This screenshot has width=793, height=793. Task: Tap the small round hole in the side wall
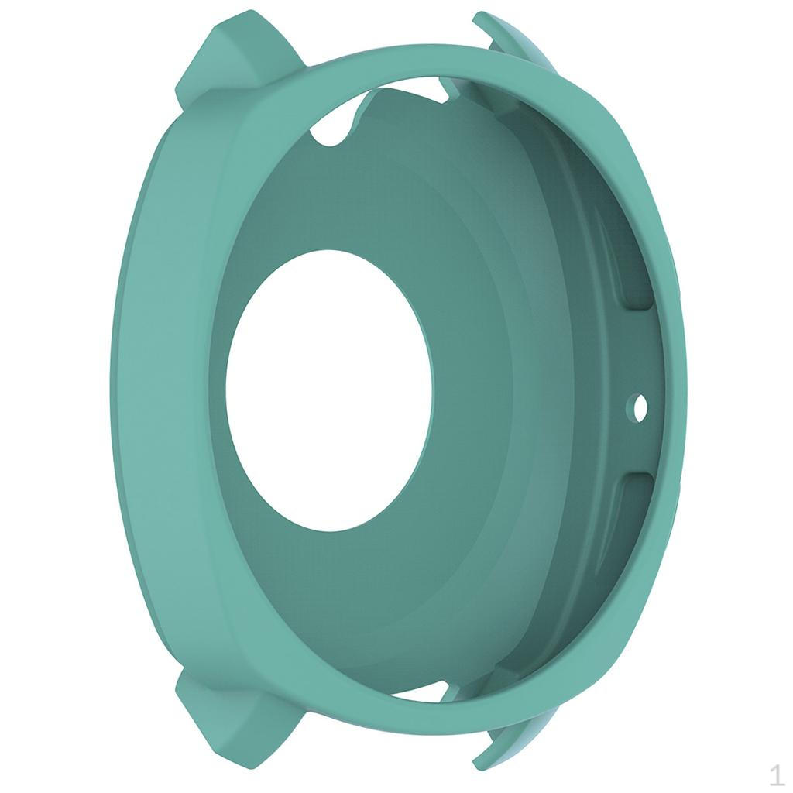pos(640,406)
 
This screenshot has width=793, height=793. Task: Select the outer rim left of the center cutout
pos(155,387)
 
